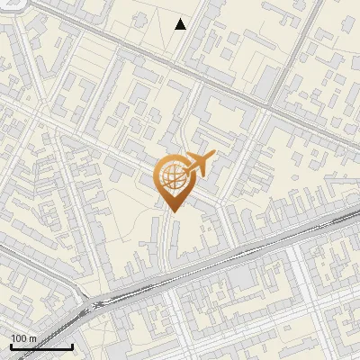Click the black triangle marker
[x=181, y=24]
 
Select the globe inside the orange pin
[x=174, y=176]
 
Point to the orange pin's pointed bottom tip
[x=174, y=211]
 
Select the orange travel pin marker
[x=175, y=180]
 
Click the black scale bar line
[x=41, y=346]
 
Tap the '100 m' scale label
[x=24, y=338]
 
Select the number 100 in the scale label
[x=20, y=338]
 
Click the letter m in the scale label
[x=32, y=338]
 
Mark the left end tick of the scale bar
[x=11, y=345]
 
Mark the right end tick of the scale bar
[x=72, y=345]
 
